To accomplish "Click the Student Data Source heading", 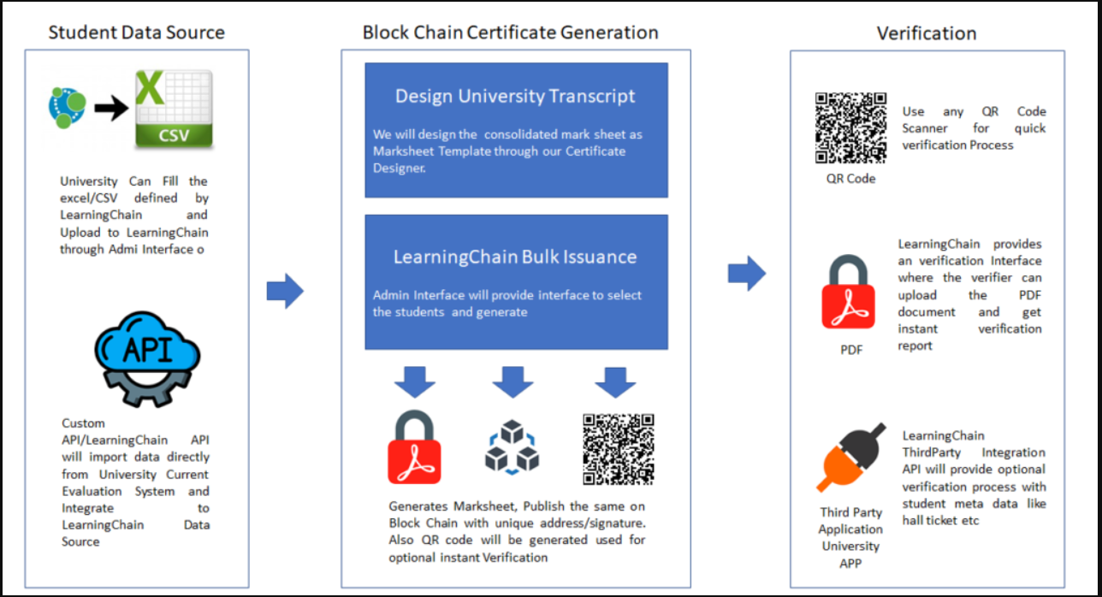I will coord(137,33).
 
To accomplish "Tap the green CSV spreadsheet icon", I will coord(174,109).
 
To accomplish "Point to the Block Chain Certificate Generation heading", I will coord(510,33).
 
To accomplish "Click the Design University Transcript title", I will coord(515,96).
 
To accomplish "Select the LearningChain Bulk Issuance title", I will coord(515,257).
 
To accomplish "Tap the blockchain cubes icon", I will coord(511,446).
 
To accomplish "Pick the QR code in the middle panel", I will coord(619,449).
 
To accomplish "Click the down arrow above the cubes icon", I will coord(512,382).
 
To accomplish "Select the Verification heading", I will coord(927,33).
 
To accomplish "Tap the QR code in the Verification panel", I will coord(850,128).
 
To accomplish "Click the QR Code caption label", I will coord(850,179).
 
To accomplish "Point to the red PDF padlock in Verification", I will coord(849,293).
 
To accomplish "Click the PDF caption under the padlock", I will coord(850,349).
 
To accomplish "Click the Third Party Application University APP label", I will coord(850,538).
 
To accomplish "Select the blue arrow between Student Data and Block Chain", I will coord(285,293).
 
